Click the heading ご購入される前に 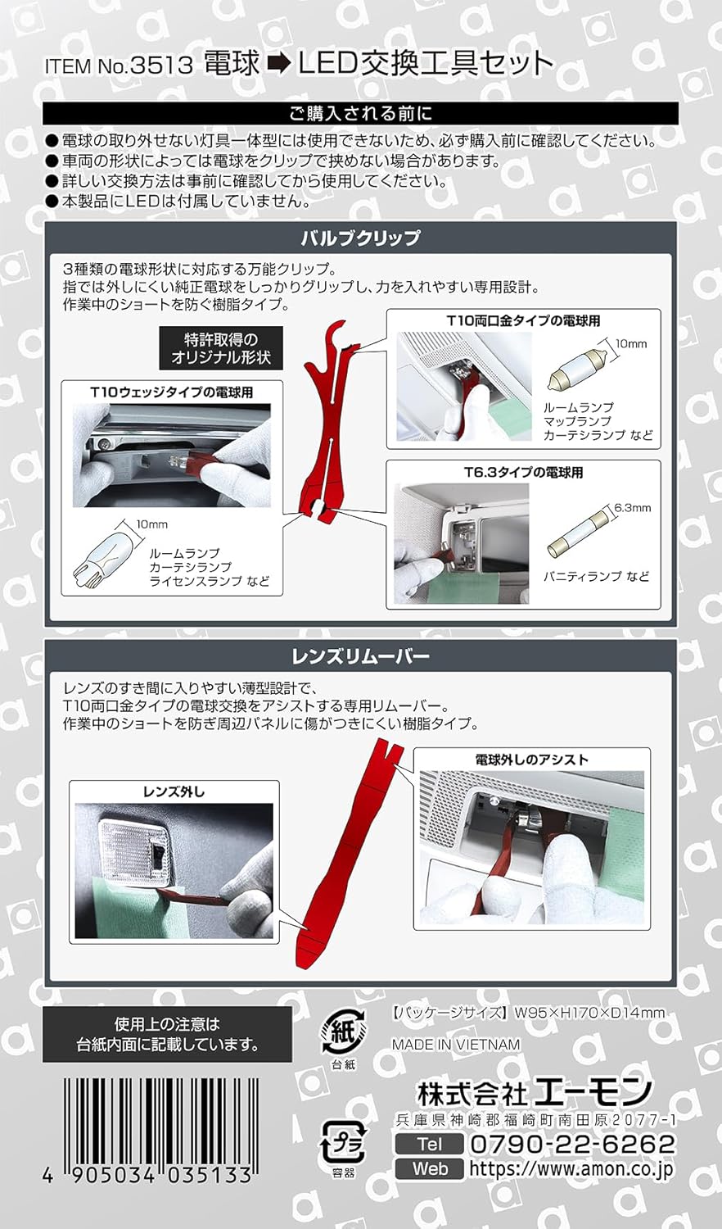pos(360,113)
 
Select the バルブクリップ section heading pos(360,238)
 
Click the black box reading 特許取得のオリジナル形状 pos(220,348)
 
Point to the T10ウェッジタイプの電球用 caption pos(171,392)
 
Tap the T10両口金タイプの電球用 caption pos(523,321)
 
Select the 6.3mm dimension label pos(633,508)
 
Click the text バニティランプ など pos(596,577)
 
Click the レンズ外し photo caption pos(174,791)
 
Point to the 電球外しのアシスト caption pos(531,760)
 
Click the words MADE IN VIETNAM pos(456,1045)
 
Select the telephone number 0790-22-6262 pos(572,1144)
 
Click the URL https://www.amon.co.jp pos(571,1169)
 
